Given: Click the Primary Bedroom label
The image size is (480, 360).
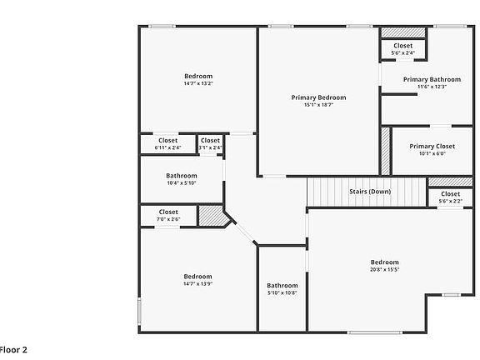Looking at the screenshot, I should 318,97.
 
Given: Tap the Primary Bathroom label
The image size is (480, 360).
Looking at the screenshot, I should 432,79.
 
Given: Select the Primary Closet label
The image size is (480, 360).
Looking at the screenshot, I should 432,146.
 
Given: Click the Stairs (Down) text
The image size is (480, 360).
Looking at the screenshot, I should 369,192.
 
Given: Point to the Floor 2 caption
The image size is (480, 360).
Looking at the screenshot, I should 13,349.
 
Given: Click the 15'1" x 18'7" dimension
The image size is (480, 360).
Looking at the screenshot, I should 318,105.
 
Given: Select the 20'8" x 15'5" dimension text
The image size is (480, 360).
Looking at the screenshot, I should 384,268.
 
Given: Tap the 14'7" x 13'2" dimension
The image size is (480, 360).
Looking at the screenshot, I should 198,83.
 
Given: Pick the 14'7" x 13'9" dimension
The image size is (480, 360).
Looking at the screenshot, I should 197,283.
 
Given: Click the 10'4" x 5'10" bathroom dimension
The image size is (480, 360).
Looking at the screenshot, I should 181,183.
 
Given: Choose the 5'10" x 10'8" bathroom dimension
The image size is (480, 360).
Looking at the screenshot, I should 282,292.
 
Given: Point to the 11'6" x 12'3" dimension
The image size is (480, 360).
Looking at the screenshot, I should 432,87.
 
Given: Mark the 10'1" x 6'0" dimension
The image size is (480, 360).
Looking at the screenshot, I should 432,153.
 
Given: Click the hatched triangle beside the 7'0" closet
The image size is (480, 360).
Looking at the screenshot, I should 212,217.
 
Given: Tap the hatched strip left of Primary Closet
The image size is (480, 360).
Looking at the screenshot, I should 386,150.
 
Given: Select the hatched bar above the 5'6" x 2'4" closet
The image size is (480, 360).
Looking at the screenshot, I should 402,33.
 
